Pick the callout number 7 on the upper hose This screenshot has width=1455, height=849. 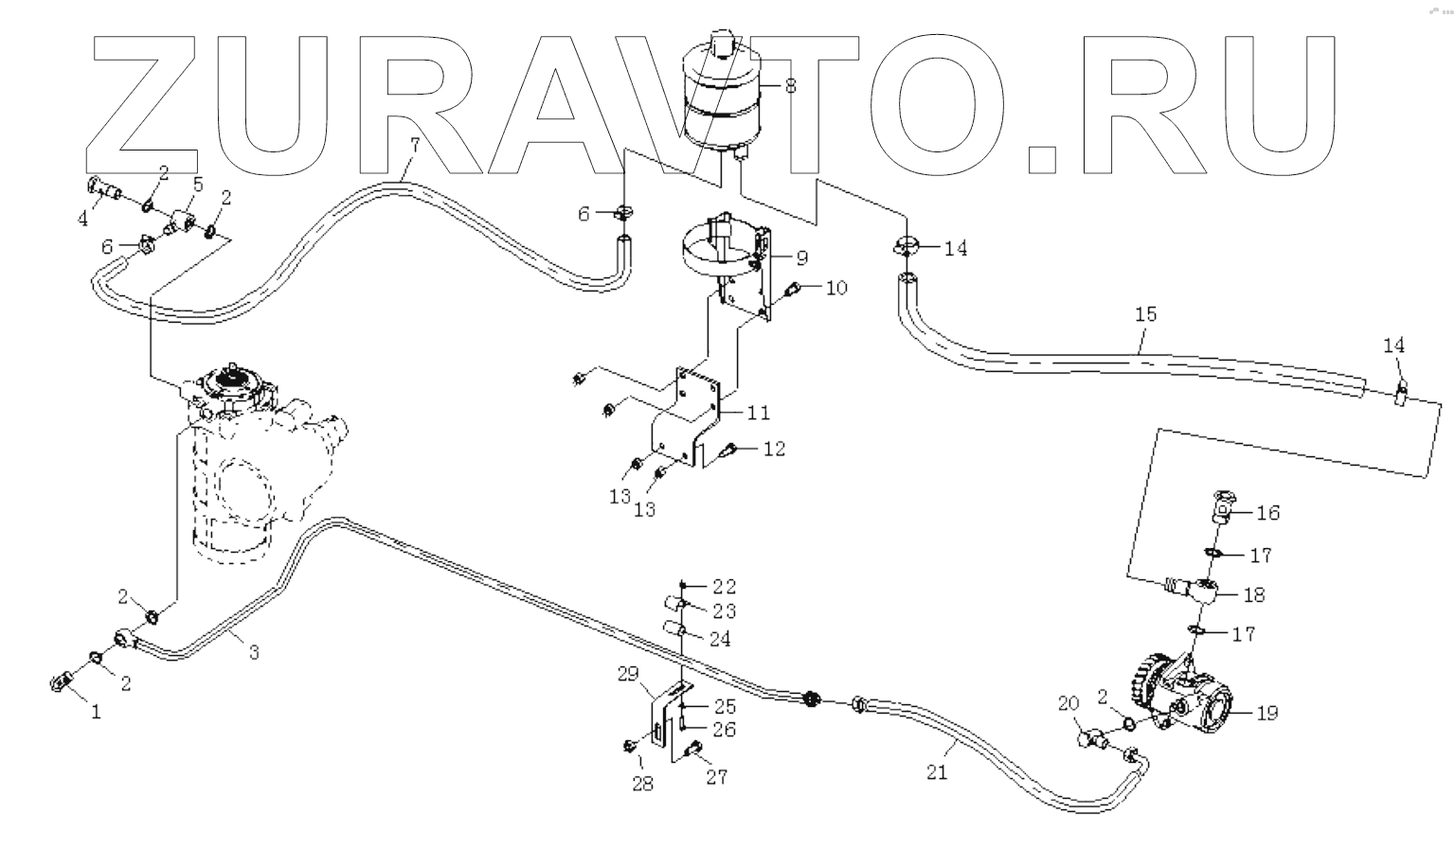[413, 145]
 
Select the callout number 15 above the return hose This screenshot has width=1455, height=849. [1145, 314]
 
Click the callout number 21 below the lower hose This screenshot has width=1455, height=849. [936, 772]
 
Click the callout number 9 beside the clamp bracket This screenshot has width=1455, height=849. [801, 256]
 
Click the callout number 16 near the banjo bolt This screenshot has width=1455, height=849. [1267, 513]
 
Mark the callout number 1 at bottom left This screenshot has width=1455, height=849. [95, 713]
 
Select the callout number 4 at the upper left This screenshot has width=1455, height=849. [83, 219]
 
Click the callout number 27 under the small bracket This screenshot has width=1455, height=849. [716, 777]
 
